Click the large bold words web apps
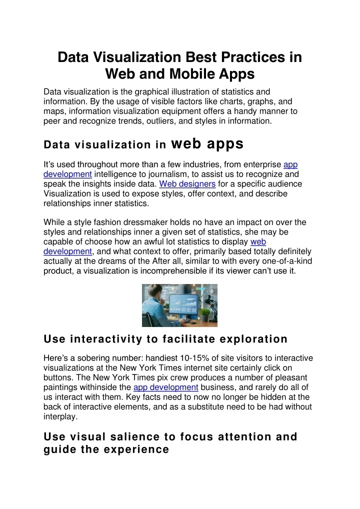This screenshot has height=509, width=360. coord(207,144)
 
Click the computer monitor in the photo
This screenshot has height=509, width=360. coord(183,305)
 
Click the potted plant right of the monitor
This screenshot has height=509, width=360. coord(205,314)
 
